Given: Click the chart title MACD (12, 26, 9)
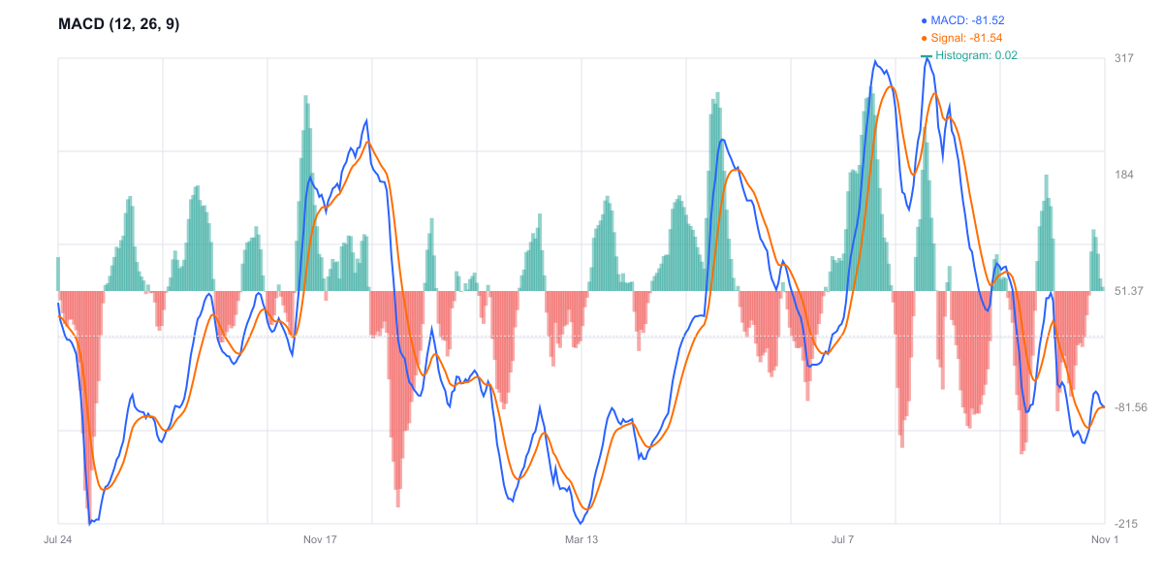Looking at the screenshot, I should (x=119, y=24).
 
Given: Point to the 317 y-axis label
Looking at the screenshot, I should (x=1124, y=58).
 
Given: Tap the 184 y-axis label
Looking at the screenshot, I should (x=1124, y=175).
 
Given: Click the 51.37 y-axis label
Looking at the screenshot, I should (x=1130, y=291).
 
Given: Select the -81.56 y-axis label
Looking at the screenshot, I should (x=1131, y=407).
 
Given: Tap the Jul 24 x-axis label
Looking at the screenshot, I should (x=58, y=539).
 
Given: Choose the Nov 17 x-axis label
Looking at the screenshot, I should (x=320, y=539).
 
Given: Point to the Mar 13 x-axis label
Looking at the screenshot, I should (x=581, y=539).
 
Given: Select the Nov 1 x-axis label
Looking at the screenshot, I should (x=1105, y=539).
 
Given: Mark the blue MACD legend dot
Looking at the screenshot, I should (x=924, y=19).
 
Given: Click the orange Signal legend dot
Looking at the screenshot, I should (x=924, y=38).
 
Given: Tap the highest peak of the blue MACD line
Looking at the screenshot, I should (x=927, y=59).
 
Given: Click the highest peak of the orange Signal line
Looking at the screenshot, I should (x=891, y=87).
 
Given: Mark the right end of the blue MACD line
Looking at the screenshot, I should (x=1104, y=406).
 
